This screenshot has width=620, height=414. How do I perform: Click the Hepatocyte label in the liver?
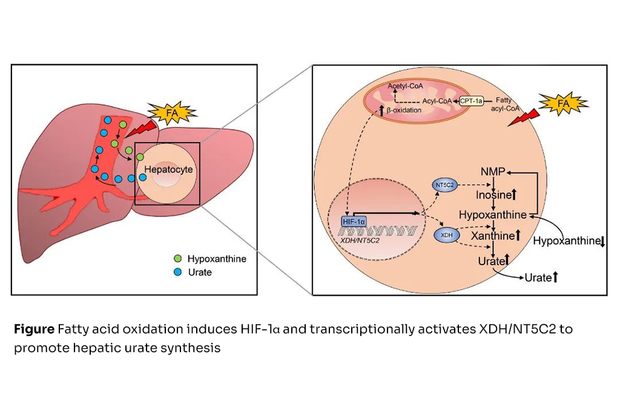(173, 170)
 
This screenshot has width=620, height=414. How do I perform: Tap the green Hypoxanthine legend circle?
(177, 259)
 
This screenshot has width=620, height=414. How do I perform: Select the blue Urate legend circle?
(177, 273)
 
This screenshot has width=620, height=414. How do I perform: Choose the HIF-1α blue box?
(354, 222)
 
